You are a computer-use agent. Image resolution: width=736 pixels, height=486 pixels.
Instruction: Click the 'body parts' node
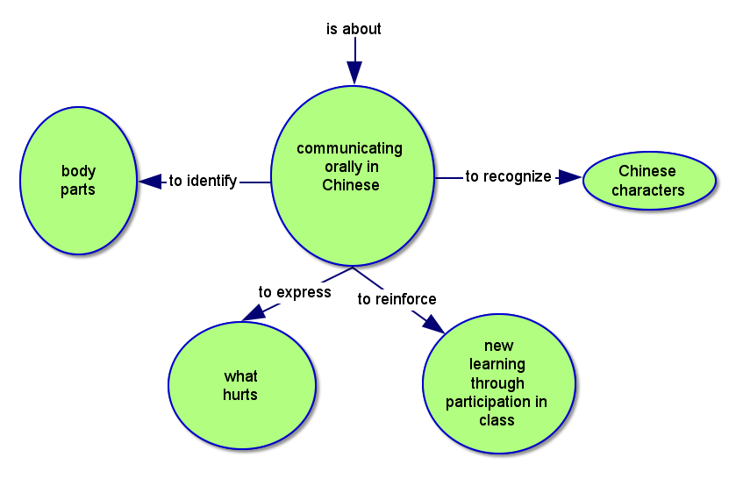pos(78,180)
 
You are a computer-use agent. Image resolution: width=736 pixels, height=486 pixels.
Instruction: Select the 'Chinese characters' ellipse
pos(648,181)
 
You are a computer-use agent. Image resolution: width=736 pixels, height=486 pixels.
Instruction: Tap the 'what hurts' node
pos(240,386)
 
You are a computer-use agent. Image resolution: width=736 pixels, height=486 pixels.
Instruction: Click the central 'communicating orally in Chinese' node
pos(352,175)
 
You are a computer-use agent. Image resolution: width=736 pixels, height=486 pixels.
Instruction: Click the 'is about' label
pos(354,29)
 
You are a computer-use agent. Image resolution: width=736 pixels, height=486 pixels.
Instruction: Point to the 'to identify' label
pos(203,182)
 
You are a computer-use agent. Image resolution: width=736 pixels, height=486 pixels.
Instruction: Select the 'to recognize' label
pos(508,176)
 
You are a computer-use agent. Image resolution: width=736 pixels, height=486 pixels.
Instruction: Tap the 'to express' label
pos(295,292)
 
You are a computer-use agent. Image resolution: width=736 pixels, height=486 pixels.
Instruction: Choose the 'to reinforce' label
pos(397,299)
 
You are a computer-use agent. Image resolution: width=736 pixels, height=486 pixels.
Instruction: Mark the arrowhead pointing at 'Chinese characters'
pos(570,177)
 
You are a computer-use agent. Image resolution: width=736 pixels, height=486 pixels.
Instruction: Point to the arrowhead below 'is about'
pos(354,73)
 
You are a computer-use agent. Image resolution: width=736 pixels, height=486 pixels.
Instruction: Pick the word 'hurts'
pos(240,395)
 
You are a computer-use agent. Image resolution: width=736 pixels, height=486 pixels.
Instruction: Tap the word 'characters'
pos(648,190)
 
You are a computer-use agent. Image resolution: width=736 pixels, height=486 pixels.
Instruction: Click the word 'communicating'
pos(349,148)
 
